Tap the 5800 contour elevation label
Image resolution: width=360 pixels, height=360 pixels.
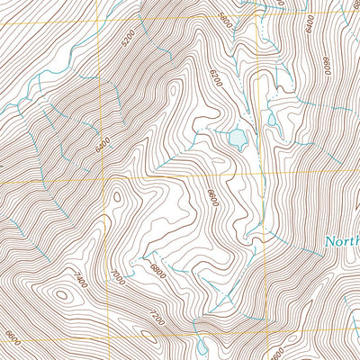point(225,18)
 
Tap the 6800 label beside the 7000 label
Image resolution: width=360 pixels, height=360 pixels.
point(157,269)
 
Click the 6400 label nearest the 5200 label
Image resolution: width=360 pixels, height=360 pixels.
point(100,142)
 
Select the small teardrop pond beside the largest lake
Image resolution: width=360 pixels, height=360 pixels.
point(271,119)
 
